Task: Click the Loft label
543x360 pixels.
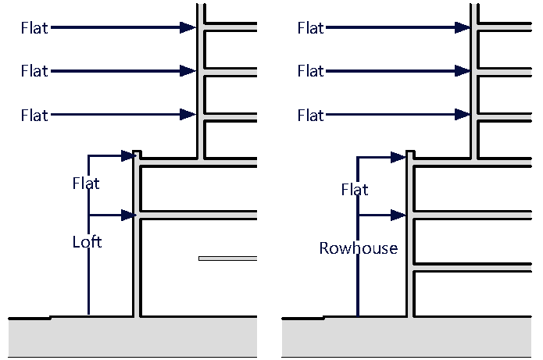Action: (x=87, y=242)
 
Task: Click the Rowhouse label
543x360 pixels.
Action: (x=358, y=248)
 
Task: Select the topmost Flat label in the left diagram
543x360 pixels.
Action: (x=34, y=28)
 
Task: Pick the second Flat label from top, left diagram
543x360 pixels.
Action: (x=34, y=72)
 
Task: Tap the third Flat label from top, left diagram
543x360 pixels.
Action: (x=34, y=116)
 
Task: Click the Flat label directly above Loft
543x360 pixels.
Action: (x=86, y=184)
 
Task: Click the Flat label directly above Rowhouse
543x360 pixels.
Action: (x=355, y=190)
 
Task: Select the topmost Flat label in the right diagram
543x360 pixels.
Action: (x=310, y=28)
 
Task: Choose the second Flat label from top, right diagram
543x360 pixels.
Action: (x=310, y=72)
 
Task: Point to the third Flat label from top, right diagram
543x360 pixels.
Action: (x=310, y=116)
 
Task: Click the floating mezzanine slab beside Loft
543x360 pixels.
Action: (x=227, y=258)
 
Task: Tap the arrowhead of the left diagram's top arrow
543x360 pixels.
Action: (x=188, y=28)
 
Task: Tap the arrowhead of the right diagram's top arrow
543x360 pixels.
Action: (x=463, y=28)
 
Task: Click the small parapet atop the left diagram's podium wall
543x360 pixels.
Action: (x=137, y=154)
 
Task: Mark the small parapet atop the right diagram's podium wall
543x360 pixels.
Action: (x=410, y=154)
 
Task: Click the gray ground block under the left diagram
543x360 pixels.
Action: (x=133, y=337)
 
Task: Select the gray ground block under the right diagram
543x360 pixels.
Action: (x=406, y=337)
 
